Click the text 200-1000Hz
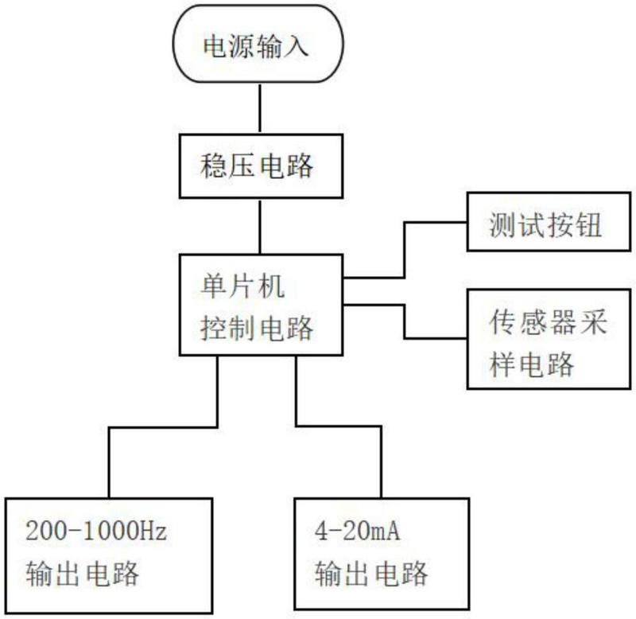pyautogui.click(x=96, y=531)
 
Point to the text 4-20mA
pyautogui.click(x=357, y=531)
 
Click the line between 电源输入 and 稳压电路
pyautogui.click(x=260, y=108)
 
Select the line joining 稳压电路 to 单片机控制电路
pyautogui.click(x=260, y=227)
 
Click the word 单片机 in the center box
pyautogui.click(x=242, y=286)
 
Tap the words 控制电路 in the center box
pyautogui.click(x=257, y=328)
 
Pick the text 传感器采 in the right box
pyautogui.click(x=548, y=322)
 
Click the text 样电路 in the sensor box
pyautogui.click(x=532, y=364)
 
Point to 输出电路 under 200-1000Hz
pyautogui.click(x=83, y=573)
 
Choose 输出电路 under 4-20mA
pyautogui.click(x=371, y=573)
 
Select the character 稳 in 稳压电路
pyautogui.click(x=213, y=165)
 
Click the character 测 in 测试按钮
pyautogui.click(x=502, y=224)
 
